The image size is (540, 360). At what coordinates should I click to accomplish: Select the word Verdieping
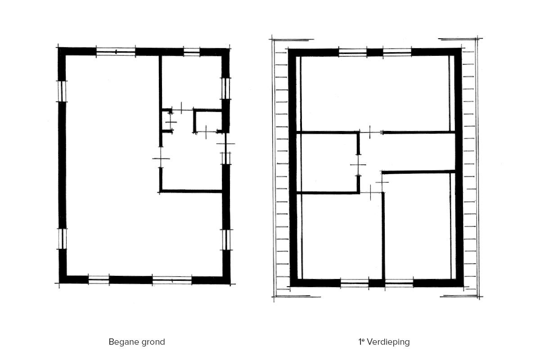[x=388, y=342]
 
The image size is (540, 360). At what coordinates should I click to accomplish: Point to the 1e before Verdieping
[x=361, y=342]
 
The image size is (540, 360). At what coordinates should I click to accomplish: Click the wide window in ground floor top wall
[x=116, y=52]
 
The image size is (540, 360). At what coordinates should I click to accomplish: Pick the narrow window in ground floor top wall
[x=192, y=52]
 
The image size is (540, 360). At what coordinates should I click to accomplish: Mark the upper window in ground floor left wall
[x=62, y=91]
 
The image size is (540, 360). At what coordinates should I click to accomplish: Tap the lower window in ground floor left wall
[x=63, y=238]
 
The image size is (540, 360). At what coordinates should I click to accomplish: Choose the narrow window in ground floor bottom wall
[x=99, y=280]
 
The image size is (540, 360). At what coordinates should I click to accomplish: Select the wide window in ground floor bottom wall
[x=172, y=280]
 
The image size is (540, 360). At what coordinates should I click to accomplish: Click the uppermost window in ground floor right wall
[x=225, y=88]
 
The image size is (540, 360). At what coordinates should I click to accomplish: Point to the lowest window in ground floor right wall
[x=226, y=240]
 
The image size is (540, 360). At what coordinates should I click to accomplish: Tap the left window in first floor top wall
[x=353, y=52]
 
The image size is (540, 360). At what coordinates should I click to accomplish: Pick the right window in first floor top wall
[x=397, y=52]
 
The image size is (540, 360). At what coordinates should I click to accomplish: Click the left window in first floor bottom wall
[x=355, y=283]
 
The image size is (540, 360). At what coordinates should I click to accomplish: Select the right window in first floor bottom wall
[x=399, y=283]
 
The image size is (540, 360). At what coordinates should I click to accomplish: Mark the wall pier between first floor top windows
[x=375, y=52]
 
